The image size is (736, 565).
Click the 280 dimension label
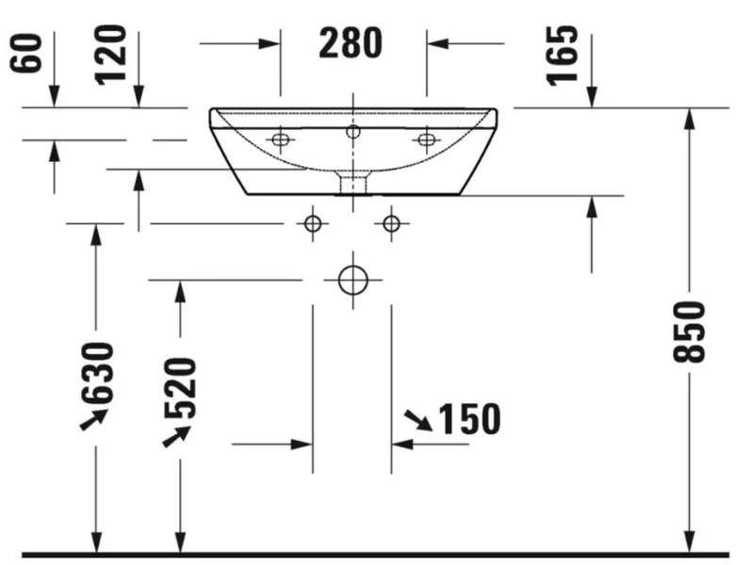coord(351,43)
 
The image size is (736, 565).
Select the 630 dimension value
coord(98,372)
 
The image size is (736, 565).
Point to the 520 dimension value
coord(180,387)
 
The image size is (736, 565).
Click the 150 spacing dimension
coord(468,420)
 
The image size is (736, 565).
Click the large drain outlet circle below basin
coord(352,280)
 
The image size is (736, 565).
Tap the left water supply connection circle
coord(313,223)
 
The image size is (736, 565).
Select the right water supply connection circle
coord(391,223)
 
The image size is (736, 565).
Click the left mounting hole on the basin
coord(279,140)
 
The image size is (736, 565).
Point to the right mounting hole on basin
coord(426,140)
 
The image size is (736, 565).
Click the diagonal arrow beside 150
coord(417,420)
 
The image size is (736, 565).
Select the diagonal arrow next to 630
coord(92,419)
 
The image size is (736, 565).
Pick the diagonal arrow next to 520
coord(176,435)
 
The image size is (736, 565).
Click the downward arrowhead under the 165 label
coord(592,97)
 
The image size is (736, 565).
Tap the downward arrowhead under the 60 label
coord(54,97)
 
